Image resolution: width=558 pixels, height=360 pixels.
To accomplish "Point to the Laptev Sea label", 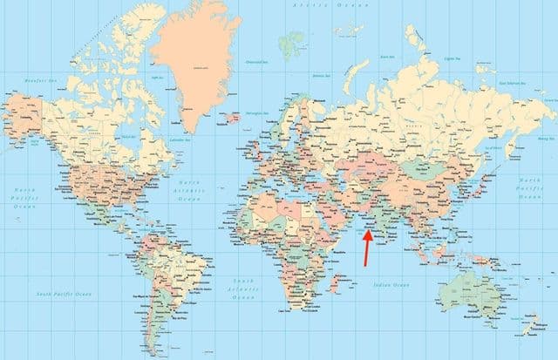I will point(451,59).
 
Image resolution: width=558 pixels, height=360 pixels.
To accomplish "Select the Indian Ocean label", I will point(391,285).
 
